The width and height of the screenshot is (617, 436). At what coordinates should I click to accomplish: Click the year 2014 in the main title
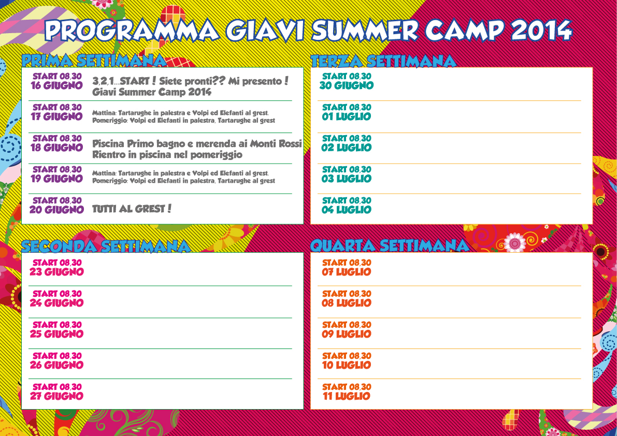[541, 30]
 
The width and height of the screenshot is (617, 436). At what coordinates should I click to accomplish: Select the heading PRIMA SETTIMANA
[94, 61]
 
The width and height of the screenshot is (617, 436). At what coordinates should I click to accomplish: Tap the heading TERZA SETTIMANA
[383, 61]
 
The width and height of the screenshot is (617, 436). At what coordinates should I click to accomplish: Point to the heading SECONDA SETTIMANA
[106, 246]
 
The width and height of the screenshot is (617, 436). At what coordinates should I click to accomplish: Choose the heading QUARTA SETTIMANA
[390, 246]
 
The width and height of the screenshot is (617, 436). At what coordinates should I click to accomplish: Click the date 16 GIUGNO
[56, 85]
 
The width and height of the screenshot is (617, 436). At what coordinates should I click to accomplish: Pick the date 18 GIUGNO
[56, 148]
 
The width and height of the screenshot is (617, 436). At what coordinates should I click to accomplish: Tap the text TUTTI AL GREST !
[132, 208]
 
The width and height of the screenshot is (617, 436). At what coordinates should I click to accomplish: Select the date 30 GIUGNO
[346, 85]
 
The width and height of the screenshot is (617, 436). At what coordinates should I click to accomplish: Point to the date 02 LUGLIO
[346, 148]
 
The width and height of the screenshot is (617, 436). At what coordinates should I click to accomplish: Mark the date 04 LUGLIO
[346, 210]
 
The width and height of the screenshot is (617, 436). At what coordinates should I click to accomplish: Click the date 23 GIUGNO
[56, 272]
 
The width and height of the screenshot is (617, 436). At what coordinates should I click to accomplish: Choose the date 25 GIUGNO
[56, 334]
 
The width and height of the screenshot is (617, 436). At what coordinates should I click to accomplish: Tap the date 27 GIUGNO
[56, 396]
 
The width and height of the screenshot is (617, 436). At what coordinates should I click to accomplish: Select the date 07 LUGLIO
[346, 272]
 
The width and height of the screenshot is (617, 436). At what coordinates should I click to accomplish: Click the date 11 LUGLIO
[346, 396]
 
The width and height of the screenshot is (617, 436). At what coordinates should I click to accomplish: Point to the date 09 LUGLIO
[346, 334]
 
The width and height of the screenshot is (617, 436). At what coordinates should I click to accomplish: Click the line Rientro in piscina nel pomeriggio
[167, 155]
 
